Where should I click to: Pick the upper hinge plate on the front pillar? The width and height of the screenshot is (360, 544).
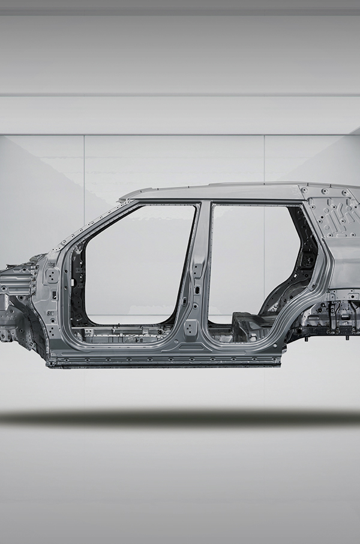(52, 276)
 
